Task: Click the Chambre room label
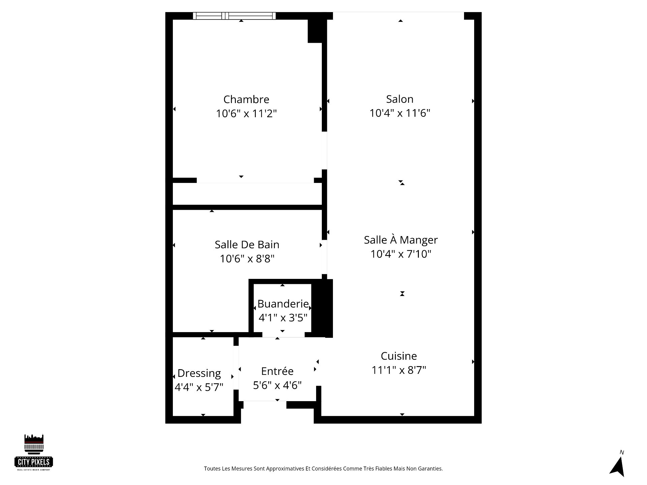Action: (246, 99)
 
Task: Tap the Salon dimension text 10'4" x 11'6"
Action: (400, 113)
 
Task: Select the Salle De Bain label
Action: (247, 245)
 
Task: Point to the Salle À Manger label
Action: (401, 239)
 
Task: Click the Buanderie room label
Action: (283, 304)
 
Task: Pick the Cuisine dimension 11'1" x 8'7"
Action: (399, 370)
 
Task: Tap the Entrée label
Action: (277, 371)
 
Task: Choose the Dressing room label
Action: (199, 374)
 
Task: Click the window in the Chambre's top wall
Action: (234, 16)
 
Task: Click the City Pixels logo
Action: (34, 452)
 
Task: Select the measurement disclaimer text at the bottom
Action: (323, 468)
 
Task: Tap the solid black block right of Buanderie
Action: (322, 308)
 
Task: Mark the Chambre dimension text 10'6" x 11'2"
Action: (246, 114)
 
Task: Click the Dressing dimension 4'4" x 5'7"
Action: (199, 387)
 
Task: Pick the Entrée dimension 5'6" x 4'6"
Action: (277, 385)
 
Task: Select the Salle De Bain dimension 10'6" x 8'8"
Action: (247, 259)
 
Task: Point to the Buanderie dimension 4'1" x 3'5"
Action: (283, 318)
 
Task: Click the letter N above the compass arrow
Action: (622, 452)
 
